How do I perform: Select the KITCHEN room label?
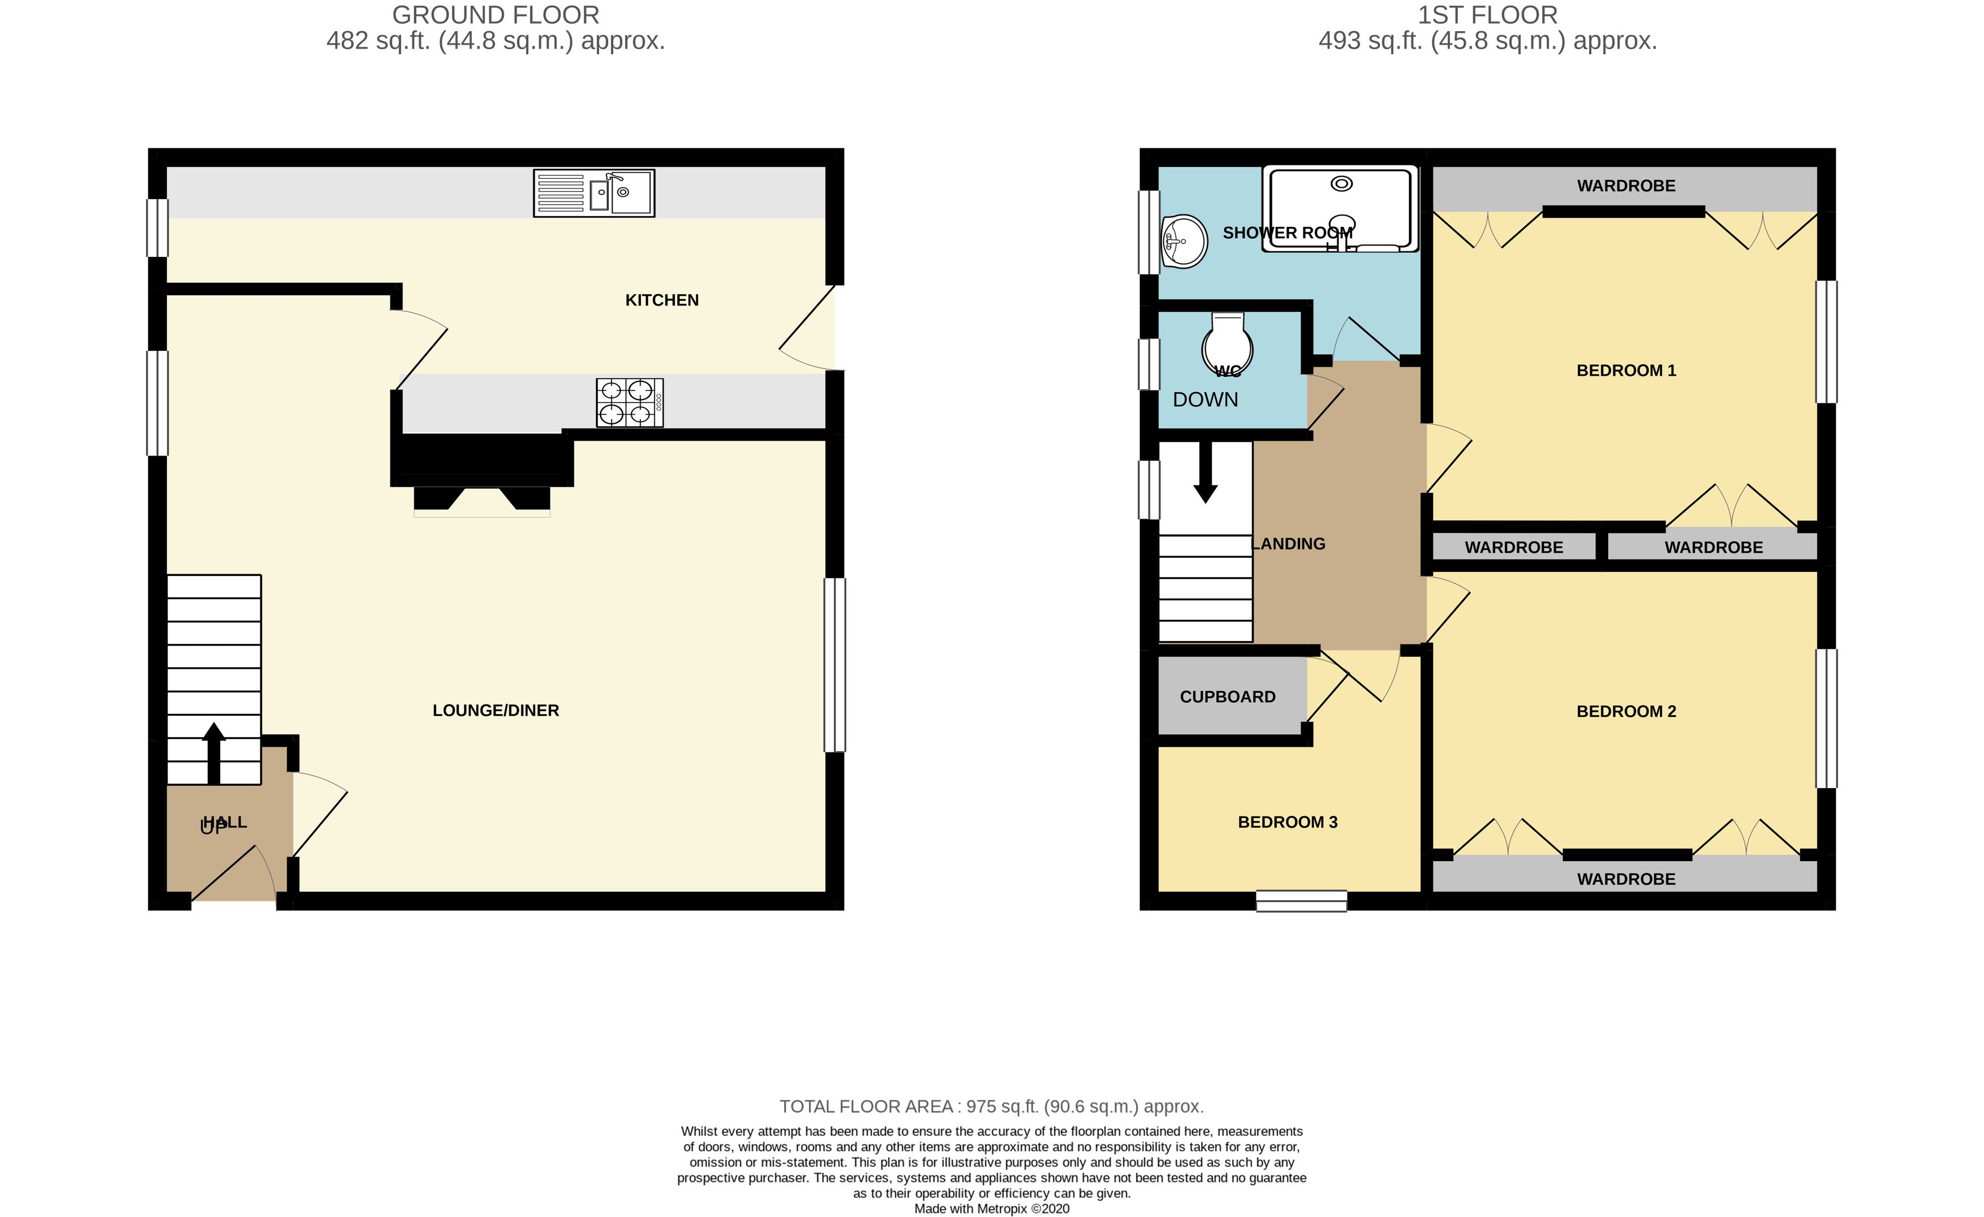tap(662, 300)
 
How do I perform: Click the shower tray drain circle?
tap(1341, 184)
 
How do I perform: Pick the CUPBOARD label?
tap(1227, 696)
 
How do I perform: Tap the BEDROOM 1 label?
tap(1626, 371)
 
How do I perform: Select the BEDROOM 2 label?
tap(1626, 711)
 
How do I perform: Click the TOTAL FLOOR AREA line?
tap(991, 1107)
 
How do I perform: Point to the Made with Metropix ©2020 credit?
tap(991, 1208)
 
